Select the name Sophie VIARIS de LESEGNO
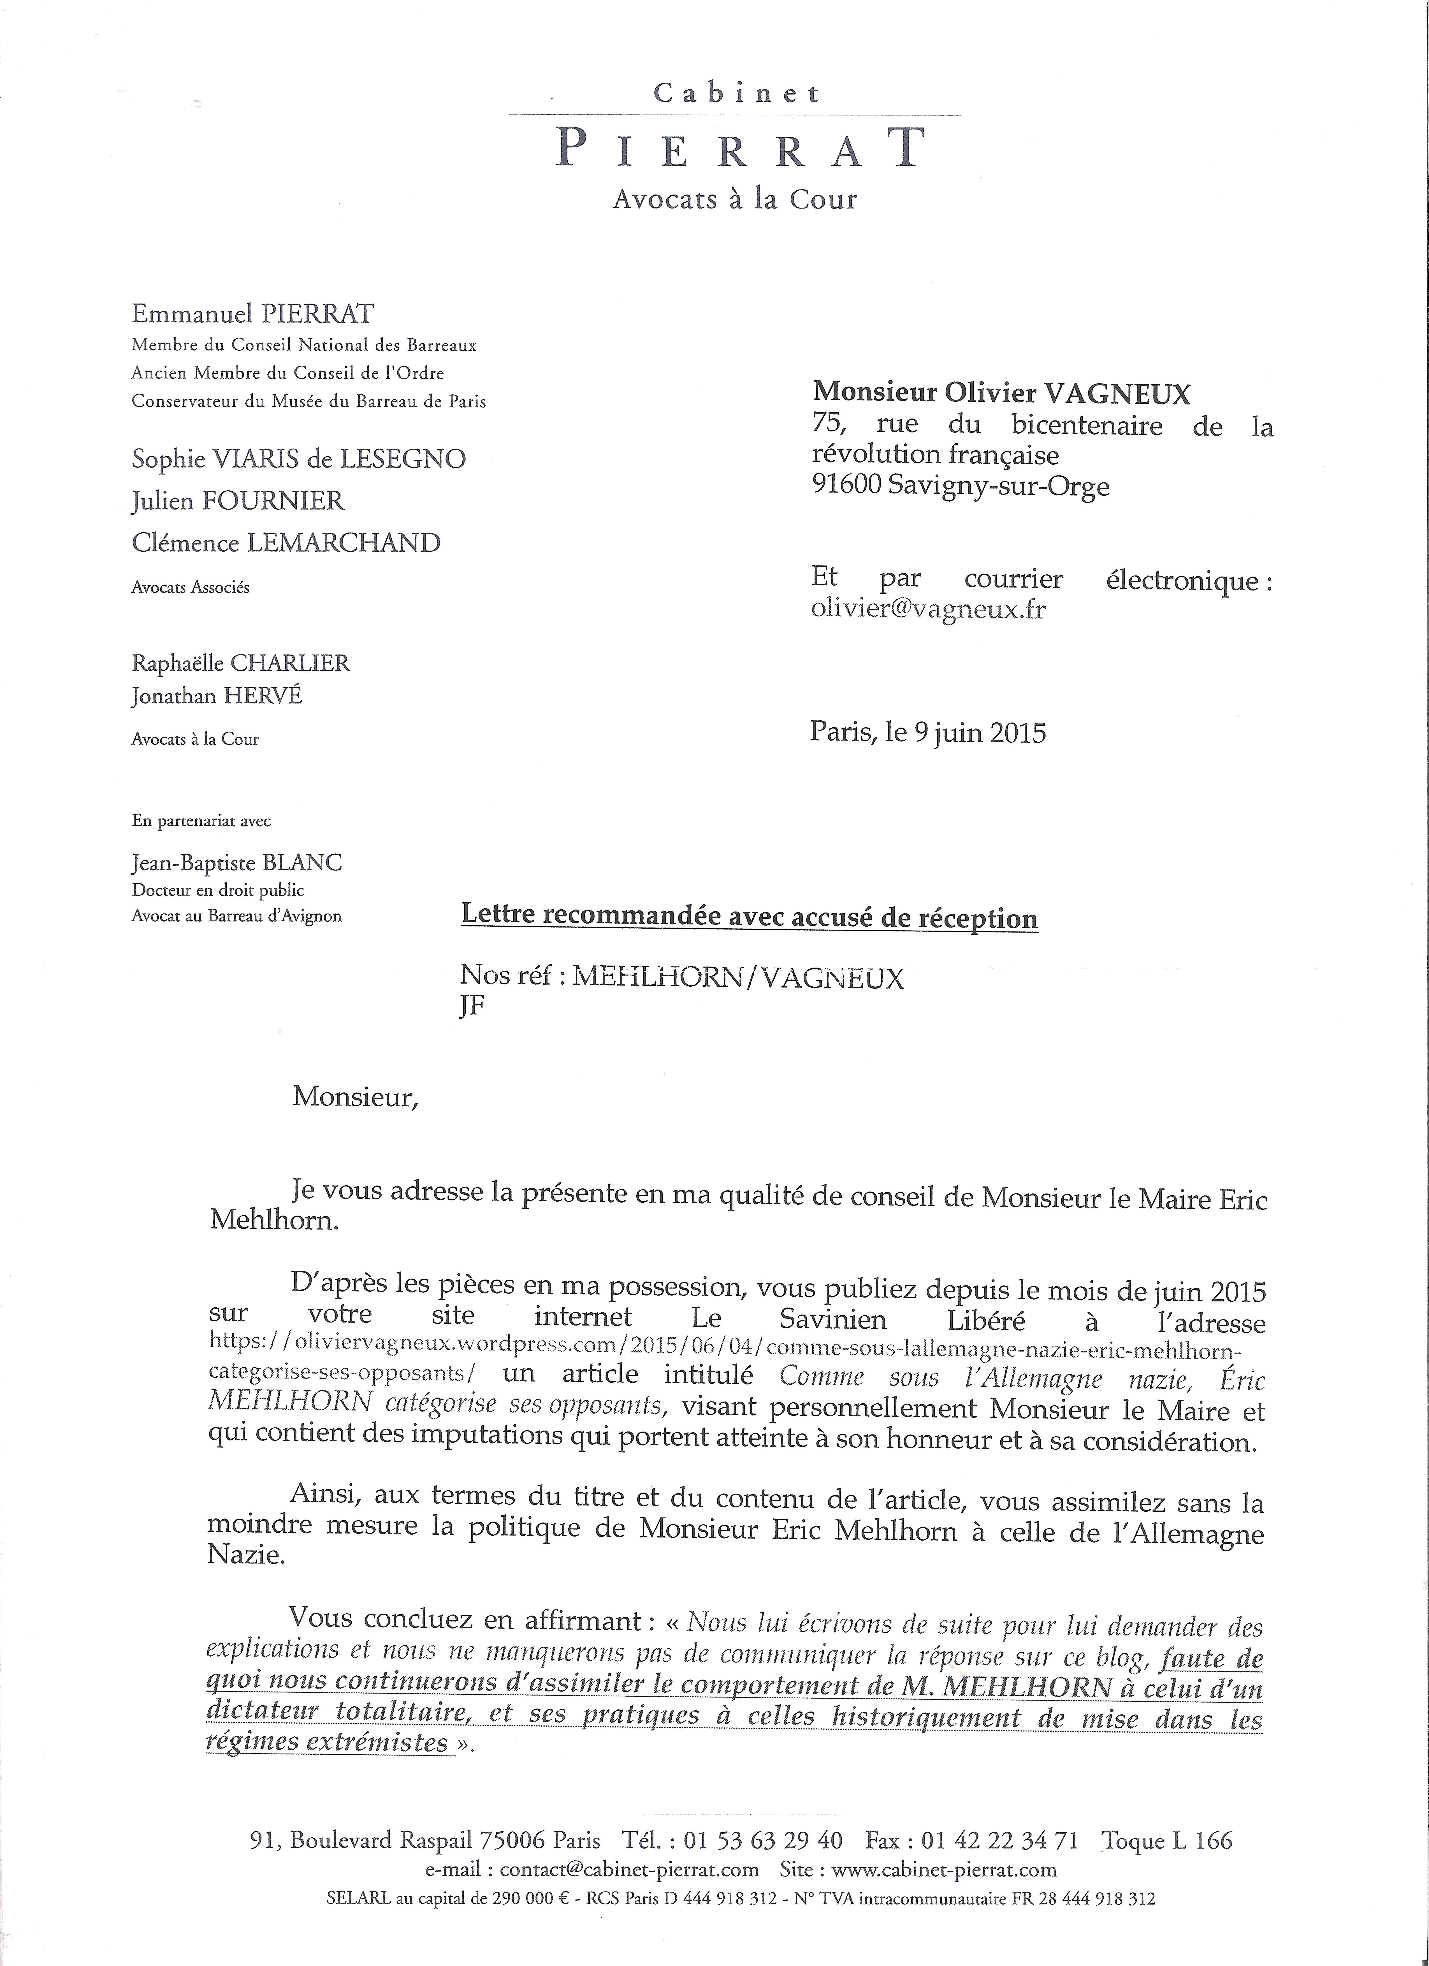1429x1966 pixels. point(298,459)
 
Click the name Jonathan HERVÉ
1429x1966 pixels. point(217,696)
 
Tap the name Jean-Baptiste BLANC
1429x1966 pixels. point(236,862)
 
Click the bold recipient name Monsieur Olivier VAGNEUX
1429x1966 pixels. point(1001,394)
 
